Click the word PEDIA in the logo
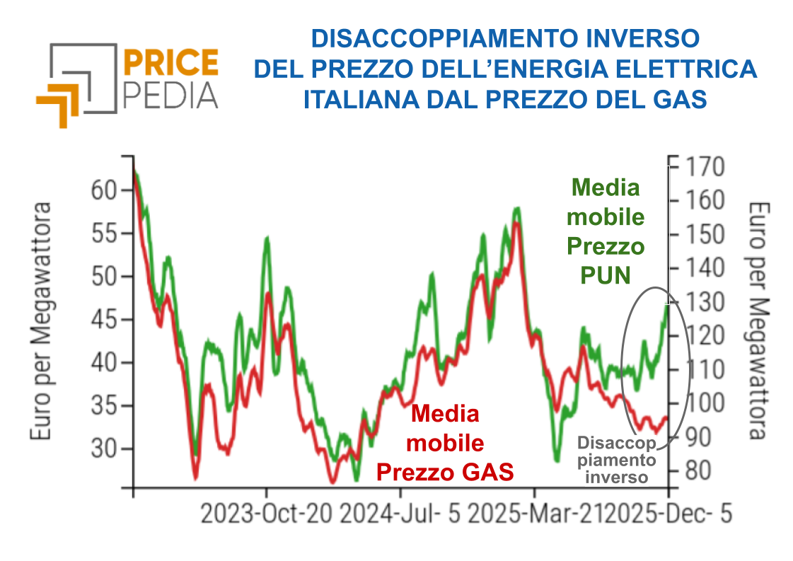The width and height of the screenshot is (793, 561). pyautogui.click(x=170, y=94)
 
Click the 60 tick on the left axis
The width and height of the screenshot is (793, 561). pyautogui.click(x=103, y=190)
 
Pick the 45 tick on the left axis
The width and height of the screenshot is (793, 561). pyautogui.click(x=103, y=320)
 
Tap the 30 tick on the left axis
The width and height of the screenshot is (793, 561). pyautogui.click(x=103, y=449)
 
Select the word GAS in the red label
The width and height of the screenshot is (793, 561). pyautogui.click(x=487, y=472)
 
